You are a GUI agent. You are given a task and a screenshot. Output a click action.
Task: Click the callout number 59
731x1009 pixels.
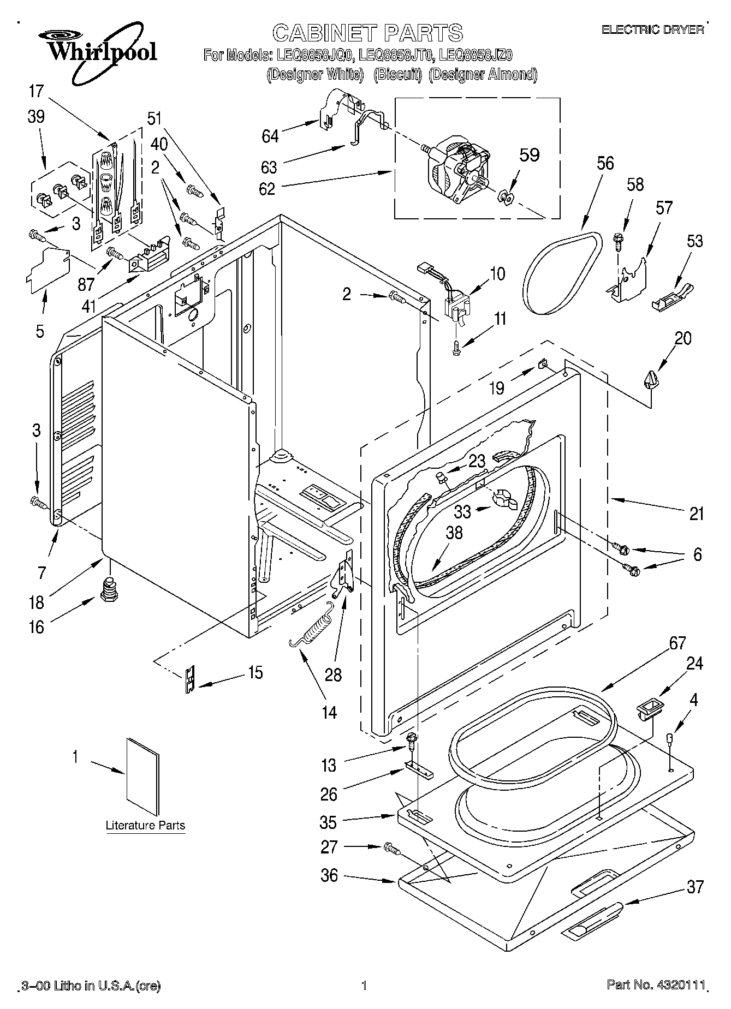click(528, 156)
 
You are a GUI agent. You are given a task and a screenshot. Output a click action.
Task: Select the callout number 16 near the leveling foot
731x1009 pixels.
click(36, 626)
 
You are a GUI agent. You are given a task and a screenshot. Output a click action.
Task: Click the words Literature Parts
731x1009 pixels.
click(145, 825)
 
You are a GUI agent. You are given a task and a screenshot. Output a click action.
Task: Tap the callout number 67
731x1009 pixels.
click(677, 644)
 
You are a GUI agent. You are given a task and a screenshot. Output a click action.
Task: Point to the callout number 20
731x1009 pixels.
click(682, 338)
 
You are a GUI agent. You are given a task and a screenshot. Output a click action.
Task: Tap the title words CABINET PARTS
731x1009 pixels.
click(367, 33)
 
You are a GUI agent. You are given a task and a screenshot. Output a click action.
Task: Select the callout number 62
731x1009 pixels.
click(267, 188)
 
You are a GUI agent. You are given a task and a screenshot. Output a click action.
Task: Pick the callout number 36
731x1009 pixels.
click(329, 876)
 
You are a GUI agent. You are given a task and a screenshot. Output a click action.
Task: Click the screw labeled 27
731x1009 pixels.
click(392, 848)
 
